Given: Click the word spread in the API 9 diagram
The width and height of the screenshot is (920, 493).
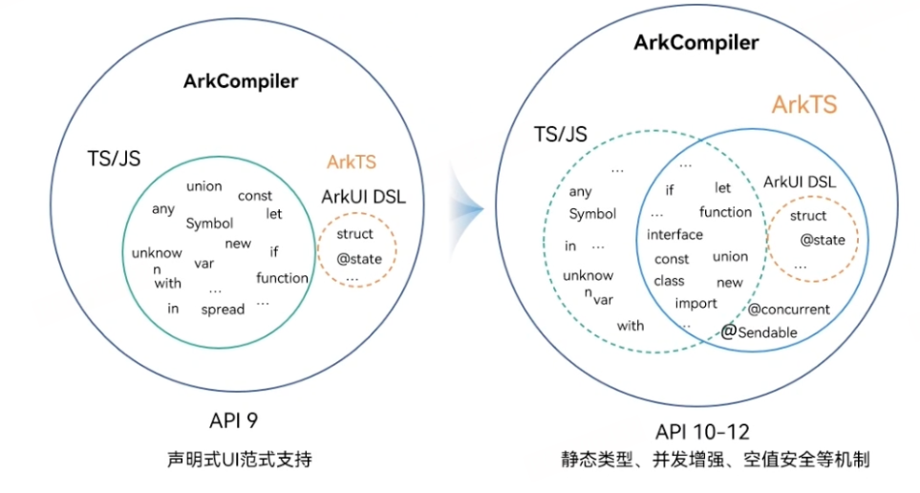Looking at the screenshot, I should [223, 309].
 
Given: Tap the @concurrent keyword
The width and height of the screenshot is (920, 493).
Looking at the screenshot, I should [788, 310].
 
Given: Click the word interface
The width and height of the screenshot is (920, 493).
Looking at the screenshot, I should [674, 235].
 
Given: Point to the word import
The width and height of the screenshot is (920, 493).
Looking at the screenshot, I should [695, 304].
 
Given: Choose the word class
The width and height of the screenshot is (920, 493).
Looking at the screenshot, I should [669, 281].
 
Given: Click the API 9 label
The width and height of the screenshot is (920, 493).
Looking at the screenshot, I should [234, 420].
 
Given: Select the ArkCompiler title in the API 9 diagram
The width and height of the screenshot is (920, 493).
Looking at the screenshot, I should [241, 81].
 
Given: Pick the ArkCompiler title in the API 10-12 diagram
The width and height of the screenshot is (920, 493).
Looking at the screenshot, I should [696, 43].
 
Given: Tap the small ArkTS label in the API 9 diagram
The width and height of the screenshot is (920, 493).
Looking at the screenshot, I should [352, 162].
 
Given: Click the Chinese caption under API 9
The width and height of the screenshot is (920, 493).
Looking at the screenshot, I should [234, 460].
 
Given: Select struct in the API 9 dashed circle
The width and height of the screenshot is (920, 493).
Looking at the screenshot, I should [355, 234].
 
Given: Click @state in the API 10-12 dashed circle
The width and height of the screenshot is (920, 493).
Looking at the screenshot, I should [823, 240].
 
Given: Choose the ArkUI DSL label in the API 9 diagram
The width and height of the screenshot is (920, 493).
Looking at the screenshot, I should [363, 198].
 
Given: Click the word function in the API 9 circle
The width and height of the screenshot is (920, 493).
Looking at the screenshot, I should [282, 278].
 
